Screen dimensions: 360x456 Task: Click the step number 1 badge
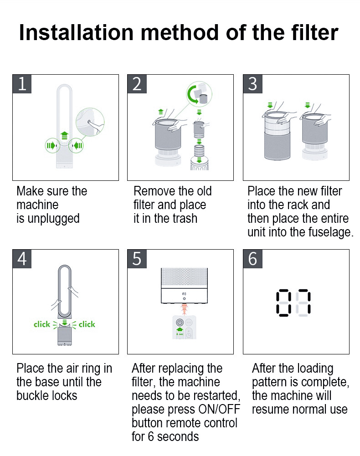[x=22, y=84]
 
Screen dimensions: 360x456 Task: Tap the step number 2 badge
[x=137, y=84]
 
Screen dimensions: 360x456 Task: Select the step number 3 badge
[x=252, y=84]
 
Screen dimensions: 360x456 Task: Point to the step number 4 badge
[x=22, y=259]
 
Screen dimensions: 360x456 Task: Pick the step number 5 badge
[x=137, y=259]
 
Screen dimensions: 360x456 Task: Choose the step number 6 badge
[x=252, y=259]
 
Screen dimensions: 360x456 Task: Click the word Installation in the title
[x=76, y=32]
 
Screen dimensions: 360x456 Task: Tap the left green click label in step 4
[x=42, y=324]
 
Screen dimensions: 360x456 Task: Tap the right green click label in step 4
[x=87, y=324]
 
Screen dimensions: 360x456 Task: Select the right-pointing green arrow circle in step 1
[x=52, y=145]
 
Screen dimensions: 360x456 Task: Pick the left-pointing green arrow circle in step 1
[x=76, y=145]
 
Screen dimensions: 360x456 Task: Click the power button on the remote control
[x=180, y=323]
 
